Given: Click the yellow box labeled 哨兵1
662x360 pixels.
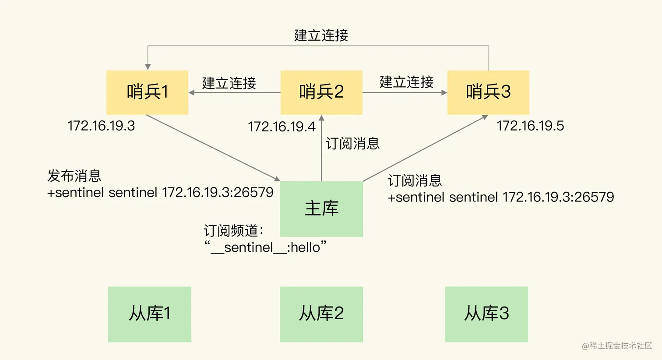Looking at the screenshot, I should coord(147,92).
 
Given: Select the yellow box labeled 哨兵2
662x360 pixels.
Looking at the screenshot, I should coord(321,92).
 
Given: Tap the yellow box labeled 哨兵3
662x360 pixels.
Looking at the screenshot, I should coord(488,92).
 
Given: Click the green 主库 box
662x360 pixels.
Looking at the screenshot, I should coord(321,208).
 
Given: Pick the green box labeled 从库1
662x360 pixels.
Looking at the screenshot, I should coord(149,314).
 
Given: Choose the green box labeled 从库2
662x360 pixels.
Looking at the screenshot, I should coord(321,314).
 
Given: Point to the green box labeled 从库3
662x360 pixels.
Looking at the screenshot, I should coord(486,314).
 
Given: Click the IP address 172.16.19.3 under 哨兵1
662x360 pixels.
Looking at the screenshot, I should coord(101,126).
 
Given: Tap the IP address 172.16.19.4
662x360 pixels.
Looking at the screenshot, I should coord(282,127).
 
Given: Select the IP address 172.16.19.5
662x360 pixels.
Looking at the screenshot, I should coord(530,126).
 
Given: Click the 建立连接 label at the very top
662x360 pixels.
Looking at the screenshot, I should coord(321,35).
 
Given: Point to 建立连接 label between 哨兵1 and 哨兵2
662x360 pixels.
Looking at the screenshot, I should coord(229,83).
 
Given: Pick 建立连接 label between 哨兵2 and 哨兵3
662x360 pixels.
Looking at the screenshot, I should coord(406,82).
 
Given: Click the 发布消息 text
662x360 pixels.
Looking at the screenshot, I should coord(74,176).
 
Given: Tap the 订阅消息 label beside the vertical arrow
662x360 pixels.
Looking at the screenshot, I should coord(352,144).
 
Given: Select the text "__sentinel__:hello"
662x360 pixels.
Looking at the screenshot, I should coord(265,247).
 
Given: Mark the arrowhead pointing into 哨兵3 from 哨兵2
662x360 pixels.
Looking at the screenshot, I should coord(444,92).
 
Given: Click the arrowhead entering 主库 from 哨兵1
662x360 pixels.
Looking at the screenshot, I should coord(277,179).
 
